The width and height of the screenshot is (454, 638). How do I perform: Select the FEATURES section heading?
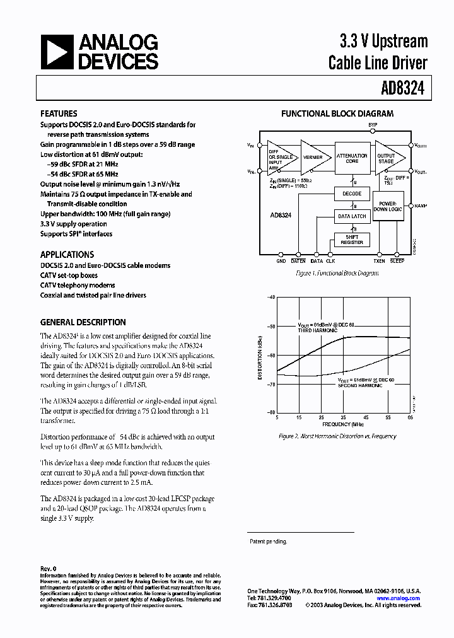[59, 114]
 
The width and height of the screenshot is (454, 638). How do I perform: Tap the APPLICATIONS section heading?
[67, 255]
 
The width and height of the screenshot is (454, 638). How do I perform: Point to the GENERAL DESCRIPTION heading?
[83, 322]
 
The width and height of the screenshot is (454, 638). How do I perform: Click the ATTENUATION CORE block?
[352, 158]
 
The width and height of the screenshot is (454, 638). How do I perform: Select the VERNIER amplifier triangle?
[313, 157]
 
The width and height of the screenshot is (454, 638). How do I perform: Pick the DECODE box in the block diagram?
[352, 194]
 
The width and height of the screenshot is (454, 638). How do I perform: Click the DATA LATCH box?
[352, 216]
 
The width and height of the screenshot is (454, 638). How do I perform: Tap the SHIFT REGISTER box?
[352, 240]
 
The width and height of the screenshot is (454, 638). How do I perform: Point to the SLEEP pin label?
[397, 261]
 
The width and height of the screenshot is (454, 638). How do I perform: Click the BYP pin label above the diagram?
[373, 125]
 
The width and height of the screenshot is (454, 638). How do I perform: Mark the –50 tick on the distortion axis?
[271, 327]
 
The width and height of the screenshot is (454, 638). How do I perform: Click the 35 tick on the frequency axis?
[344, 417]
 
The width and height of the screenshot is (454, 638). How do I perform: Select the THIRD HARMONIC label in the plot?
[318, 330]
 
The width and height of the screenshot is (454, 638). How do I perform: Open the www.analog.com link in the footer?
[399, 598]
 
